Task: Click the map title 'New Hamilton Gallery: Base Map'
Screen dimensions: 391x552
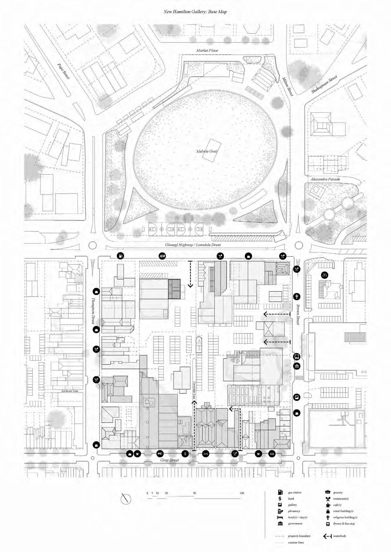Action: pyautogui.click(x=195, y=12)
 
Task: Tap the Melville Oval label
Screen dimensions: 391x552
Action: pyautogui.click(x=207, y=151)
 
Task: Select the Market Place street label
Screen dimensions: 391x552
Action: pyautogui.click(x=207, y=50)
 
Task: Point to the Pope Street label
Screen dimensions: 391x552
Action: pyautogui.click(x=63, y=71)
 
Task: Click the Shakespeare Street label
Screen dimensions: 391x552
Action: pyautogui.click(x=324, y=84)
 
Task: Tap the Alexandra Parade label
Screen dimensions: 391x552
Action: pyautogui.click(x=325, y=179)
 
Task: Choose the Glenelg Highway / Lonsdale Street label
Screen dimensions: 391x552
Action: pyautogui.click(x=193, y=245)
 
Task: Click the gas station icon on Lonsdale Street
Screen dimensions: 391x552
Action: pyautogui.click(x=120, y=256)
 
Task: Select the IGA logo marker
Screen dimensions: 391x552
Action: pyautogui.click(x=162, y=256)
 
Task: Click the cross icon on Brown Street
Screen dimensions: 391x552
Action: pyautogui.click(x=297, y=296)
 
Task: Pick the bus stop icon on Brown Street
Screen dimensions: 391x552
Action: pyautogui.click(x=297, y=357)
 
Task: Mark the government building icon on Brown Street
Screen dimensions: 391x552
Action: pyautogui.click(x=297, y=366)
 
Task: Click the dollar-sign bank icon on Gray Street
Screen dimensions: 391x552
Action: pyautogui.click(x=186, y=453)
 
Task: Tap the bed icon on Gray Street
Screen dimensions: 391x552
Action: pyautogui.click(x=205, y=453)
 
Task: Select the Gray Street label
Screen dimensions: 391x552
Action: pyautogui.click(x=170, y=460)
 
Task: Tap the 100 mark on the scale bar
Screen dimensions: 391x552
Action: pyautogui.click(x=242, y=493)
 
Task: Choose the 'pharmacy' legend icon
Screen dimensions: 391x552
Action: pyautogui.click(x=280, y=511)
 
